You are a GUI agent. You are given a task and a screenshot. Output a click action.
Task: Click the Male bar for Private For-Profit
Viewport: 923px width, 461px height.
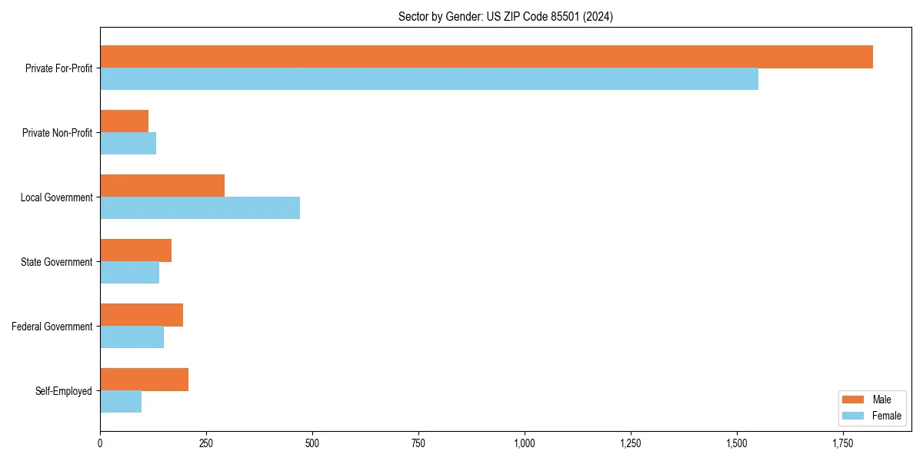click(486, 57)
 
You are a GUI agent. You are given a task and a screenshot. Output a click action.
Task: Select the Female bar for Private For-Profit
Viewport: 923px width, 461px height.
click(429, 79)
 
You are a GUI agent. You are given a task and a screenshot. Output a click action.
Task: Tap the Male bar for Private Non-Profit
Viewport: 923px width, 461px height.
click(124, 121)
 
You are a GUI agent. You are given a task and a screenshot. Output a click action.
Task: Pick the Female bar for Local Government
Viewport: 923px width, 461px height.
click(200, 208)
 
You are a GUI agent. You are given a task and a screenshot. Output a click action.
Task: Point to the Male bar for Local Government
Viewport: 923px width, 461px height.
click(162, 186)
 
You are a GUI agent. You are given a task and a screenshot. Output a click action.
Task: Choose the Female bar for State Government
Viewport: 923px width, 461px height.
click(129, 273)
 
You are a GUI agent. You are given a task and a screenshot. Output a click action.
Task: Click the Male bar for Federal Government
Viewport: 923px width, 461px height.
click(142, 315)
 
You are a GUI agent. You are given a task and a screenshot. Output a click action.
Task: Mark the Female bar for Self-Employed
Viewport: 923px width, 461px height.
click(121, 402)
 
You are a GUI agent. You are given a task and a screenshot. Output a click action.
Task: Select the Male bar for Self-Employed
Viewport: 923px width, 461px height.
click(144, 380)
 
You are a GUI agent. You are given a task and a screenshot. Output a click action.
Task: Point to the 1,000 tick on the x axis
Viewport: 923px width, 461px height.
click(525, 443)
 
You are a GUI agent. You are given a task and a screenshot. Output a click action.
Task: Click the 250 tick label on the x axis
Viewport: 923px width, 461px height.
click(205, 443)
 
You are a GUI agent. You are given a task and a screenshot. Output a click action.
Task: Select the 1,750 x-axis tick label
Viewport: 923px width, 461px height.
click(842, 443)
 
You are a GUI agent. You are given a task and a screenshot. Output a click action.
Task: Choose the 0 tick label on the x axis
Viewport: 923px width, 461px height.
click(100, 443)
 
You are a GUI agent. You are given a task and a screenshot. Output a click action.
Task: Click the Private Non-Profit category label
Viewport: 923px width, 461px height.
click(57, 133)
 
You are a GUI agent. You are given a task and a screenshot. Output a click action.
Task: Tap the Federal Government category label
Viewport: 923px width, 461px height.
click(52, 327)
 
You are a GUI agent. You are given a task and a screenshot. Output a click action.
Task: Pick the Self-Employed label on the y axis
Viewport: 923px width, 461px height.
click(64, 391)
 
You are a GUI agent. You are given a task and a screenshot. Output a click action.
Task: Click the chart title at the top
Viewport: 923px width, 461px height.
click(505, 16)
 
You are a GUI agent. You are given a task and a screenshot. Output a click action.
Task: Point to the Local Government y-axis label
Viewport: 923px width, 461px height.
click(56, 197)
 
